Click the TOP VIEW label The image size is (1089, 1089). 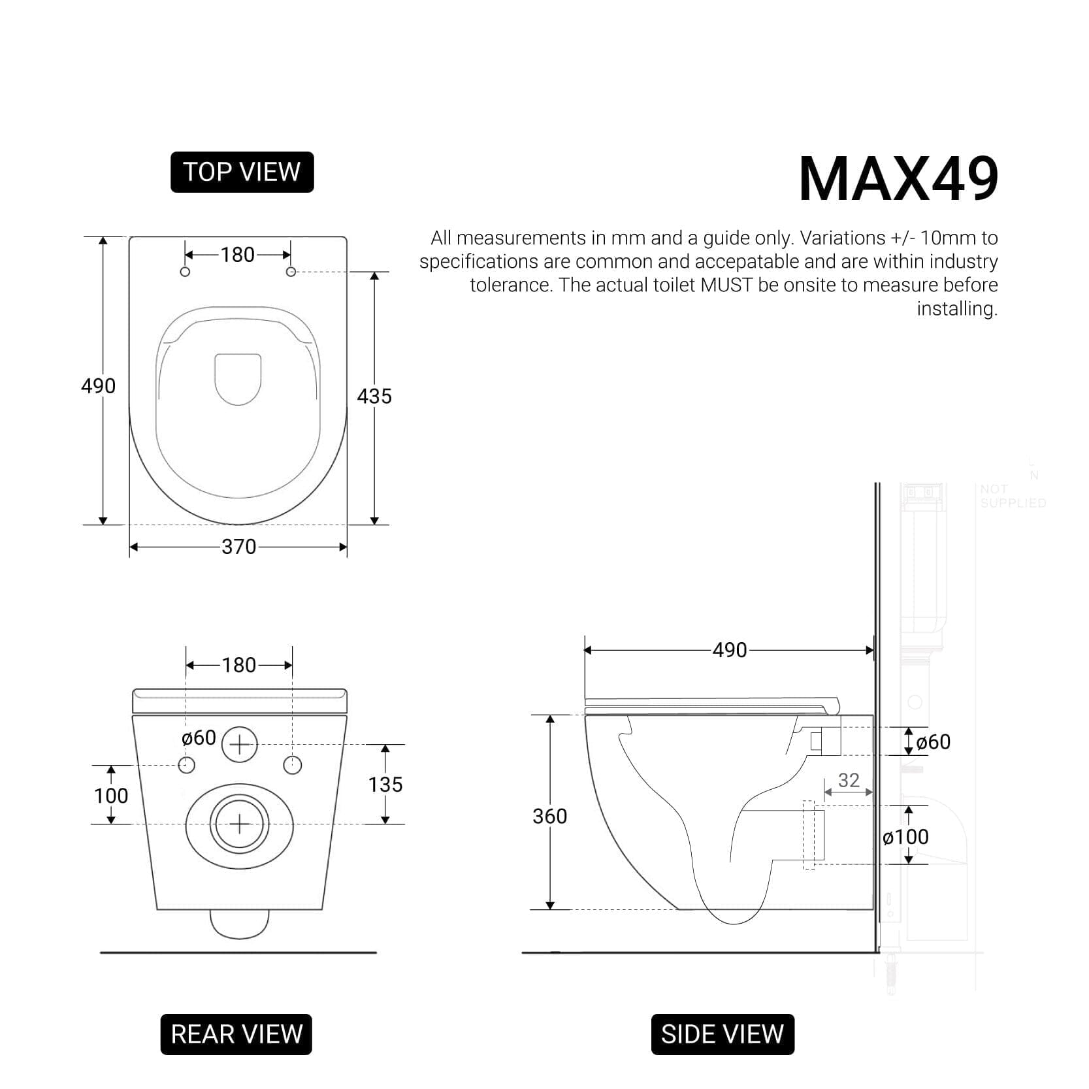coord(242,172)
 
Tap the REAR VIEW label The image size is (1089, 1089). coord(236,1034)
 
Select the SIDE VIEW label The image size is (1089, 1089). coord(722,1034)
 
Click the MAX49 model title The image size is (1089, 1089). coord(898,179)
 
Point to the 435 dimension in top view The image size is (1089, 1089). coord(374,396)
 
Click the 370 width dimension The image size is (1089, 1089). coord(238,546)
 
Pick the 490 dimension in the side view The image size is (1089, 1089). coord(729,650)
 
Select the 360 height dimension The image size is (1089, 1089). coord(549,816)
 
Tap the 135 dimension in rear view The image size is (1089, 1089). coord(385,784)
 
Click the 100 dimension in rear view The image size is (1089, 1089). coord(111,795)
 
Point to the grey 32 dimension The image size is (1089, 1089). coord(848,780)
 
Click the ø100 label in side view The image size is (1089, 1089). coord(905,837)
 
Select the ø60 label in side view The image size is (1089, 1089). coord(933,742)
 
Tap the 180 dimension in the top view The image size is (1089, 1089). coord(237,254)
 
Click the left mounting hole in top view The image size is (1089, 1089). coord(185,272)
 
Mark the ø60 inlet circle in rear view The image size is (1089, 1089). coord(240,744)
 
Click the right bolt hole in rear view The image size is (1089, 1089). coord(293,765)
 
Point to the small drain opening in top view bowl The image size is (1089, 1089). coord(238,379)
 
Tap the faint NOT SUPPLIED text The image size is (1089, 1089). coord(1012,496)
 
